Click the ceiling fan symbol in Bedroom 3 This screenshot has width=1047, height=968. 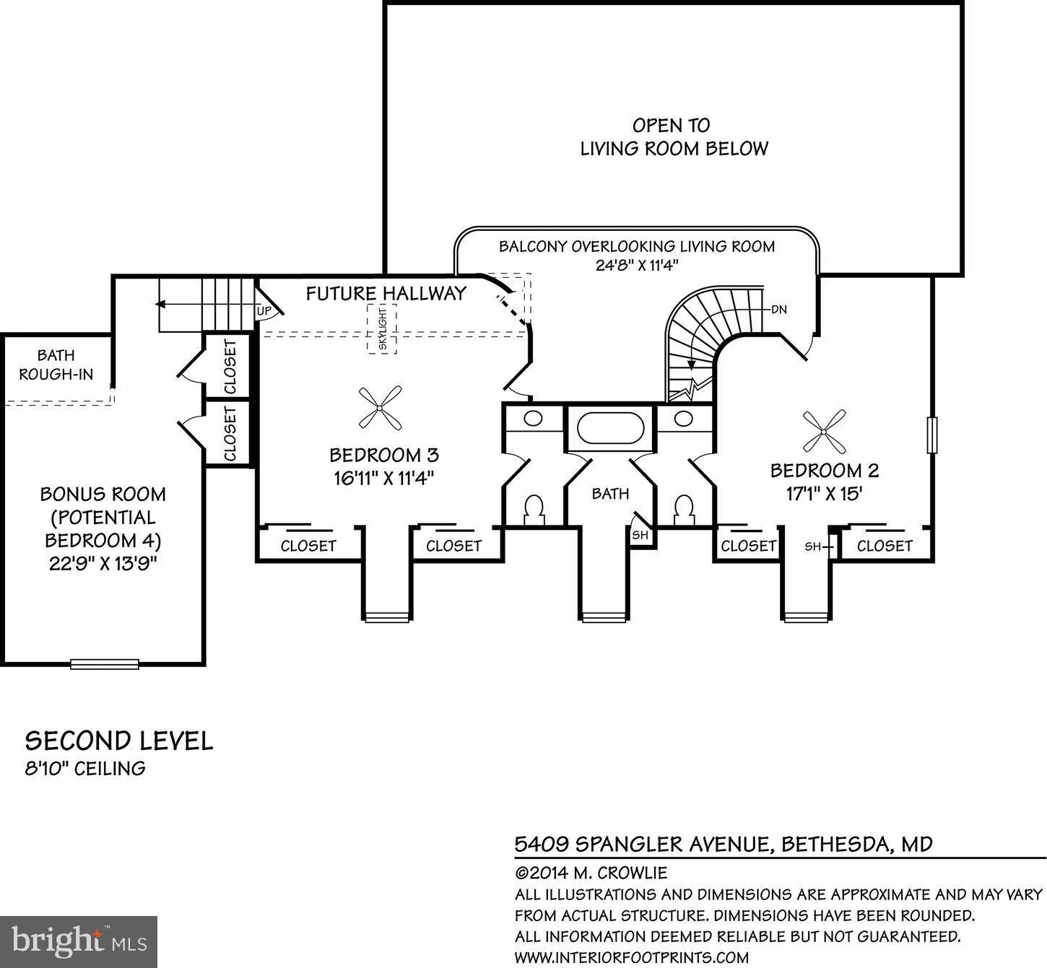[x=380, y=408]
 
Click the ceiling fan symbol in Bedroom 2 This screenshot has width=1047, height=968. [x=824, y=431]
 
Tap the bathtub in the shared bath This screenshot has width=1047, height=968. [x=610, y=428]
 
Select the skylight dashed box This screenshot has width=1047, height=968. [x=382, y=328]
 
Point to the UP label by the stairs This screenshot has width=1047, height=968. [x=264, y=311]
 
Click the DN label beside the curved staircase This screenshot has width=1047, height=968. [x=778, y=310]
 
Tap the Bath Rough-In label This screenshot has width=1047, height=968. [x=56, y=365]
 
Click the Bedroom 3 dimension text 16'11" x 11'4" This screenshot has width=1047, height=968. [x=383, y=478]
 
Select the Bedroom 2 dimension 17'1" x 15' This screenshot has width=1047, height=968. [x=824, y=494]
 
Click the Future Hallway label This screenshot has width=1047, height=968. [x=386, y=293]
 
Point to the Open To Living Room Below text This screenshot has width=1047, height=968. [x=674, y=137]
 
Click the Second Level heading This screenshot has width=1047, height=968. [x=119, y=741]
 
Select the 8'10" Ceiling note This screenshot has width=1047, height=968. [x=85, y=768]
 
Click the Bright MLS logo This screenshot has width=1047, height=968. [x=79, y=941]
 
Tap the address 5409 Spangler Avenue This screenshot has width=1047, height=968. [x=723, y=843]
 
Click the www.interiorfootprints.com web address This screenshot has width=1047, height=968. [x=631, y=958]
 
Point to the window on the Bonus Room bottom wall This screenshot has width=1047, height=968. [x=104, y=663]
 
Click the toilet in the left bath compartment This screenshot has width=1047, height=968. [x=534, y=508]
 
